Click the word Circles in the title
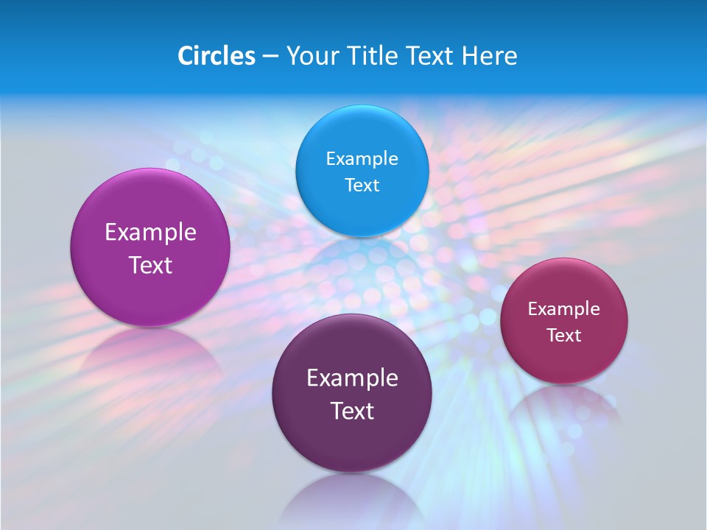tap(216, 56)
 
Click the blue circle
tap(362, 171)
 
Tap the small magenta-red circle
tap(564, 321)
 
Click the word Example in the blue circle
tap(362, 159)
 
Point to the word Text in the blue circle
tap(362, 185)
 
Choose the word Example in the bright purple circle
tap(150, 233)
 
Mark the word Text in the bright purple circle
tap(150, 265)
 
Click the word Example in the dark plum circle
tap(352, 378)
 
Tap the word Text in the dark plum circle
tap(352, 411)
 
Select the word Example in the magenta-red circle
tap(564, 309)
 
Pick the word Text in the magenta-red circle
tap(564, 336)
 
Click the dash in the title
tap(270, 56)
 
